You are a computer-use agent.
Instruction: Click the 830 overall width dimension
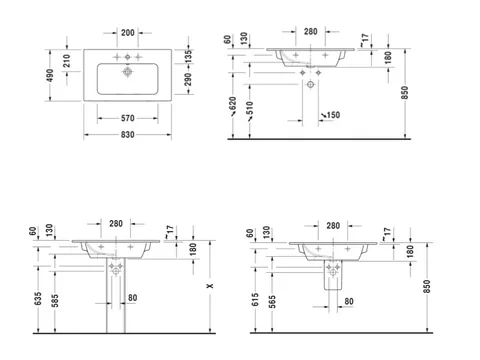coord(128,135)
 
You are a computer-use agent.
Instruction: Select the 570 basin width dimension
coord(128,118)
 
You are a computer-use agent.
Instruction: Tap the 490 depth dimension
coord(50,75)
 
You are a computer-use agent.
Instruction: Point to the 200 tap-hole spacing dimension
coord(128,33)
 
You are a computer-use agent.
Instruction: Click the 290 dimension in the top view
coord(188,79)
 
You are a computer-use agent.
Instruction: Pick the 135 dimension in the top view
coord(188,56)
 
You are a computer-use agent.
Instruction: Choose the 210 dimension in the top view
coord(67,61)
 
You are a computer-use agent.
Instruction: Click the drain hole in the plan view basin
coord(128,72)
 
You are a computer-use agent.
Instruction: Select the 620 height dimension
coord(233,103)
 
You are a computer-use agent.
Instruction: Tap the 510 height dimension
coord(250,108)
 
